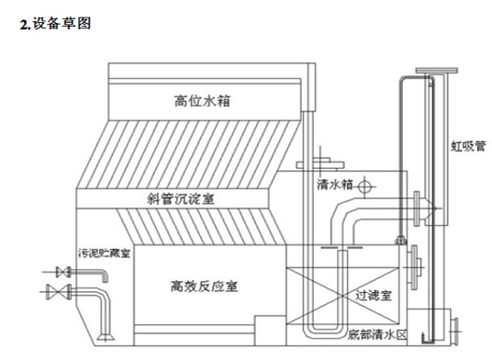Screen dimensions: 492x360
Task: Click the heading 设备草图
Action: pos(61,24)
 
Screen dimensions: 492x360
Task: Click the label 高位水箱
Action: pos(202,101)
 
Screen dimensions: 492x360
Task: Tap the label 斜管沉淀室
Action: pos(181,199)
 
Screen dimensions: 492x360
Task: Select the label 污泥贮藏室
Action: pos(104,253)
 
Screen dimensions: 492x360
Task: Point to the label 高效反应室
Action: pos(205,287)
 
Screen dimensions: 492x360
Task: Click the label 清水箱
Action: pos(335,185)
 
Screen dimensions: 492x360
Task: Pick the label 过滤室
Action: pos(374,296)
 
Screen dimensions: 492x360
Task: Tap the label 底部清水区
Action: pos(377,334)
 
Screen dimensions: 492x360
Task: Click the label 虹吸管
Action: pos(468,146)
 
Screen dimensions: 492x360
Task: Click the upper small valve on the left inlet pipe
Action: pos(63,272)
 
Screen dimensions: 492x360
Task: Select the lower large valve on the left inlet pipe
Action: pos(59,292)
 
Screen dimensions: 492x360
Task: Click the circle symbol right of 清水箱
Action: pos(364,186)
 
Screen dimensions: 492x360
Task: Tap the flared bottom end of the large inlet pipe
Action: pos(106,337)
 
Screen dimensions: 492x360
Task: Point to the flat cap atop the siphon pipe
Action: pos(436,70)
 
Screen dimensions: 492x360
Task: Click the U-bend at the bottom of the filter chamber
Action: pos(325,332)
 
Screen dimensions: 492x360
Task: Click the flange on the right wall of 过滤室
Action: pos(415,267)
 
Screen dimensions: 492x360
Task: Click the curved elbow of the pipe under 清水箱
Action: pos(341,212)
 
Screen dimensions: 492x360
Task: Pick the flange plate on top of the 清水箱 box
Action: pos(320,165)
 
